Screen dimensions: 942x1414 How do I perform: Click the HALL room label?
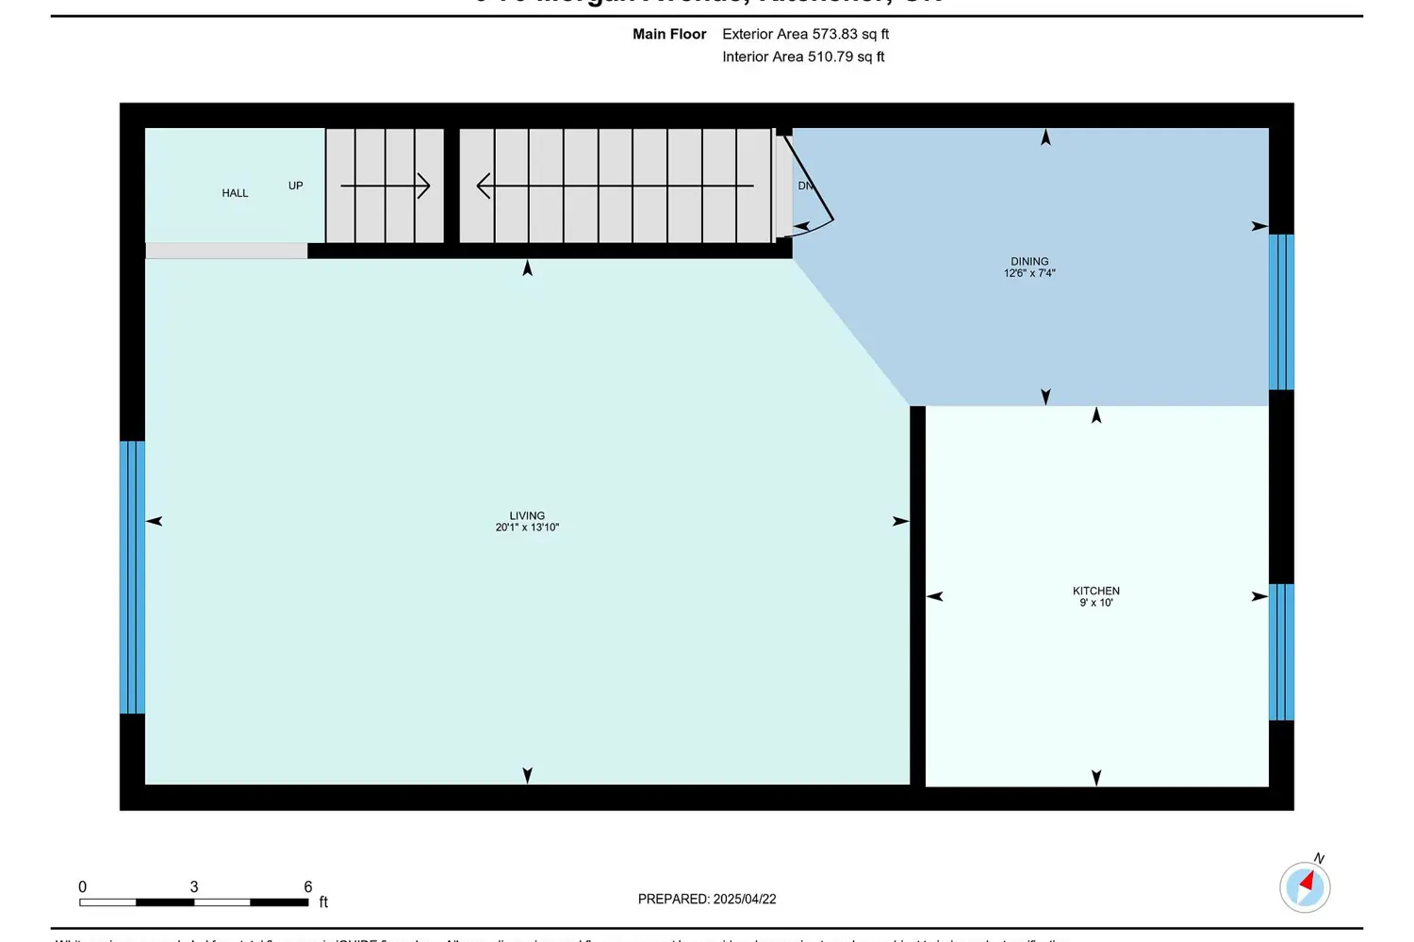(235, 193)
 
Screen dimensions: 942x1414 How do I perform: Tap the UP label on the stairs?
(295, 186)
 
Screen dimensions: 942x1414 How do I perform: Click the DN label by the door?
(805, 186)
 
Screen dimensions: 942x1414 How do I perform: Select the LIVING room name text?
(527, 515)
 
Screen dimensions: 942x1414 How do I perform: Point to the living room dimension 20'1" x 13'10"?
(527, 528)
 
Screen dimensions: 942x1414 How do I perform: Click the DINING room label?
(1029, 261)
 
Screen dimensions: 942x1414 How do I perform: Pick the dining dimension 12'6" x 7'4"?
(1029, 273)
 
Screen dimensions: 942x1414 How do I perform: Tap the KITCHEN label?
(1095, 591)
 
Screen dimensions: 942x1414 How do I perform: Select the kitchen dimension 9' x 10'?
(1095, 603)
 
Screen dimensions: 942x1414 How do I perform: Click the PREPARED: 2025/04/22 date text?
(707, 899)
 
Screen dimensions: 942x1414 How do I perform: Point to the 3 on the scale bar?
(194, 886)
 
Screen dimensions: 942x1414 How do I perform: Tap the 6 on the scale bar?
(307, 886)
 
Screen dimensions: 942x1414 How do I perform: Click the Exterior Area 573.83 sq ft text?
(805, 34)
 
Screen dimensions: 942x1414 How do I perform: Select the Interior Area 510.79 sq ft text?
(803, 57)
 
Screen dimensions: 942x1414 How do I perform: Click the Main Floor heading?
(669, 34)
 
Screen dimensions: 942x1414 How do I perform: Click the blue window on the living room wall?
(132, 577)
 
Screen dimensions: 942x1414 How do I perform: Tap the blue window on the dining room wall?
(1281, 312)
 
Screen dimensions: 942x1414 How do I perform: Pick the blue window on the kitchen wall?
(1281, 652)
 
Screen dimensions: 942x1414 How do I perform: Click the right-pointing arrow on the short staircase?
(386, 186)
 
